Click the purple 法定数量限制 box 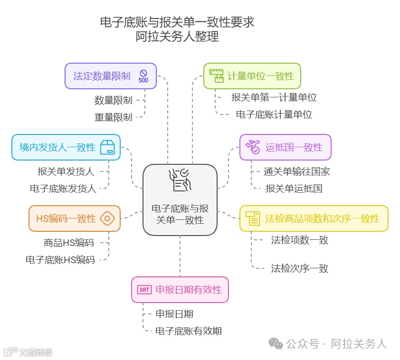(110, 76)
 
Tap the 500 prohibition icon (143, 76)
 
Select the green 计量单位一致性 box (252, 76)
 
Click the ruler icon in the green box (217, 76)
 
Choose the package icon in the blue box (107, 147)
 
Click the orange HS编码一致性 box (74, 218)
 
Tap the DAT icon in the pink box (144, 289)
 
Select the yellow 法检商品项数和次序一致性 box (314, 218)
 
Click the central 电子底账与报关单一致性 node (180, 199)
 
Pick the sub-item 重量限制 (113, 117)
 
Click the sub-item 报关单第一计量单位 (274, 97)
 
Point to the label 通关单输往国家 (297, 171)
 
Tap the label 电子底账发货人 (63, 189)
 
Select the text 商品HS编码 (69, 243)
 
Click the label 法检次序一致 (300, 268)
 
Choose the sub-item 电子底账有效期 (189, 331)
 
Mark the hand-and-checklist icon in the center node (180, 180)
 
